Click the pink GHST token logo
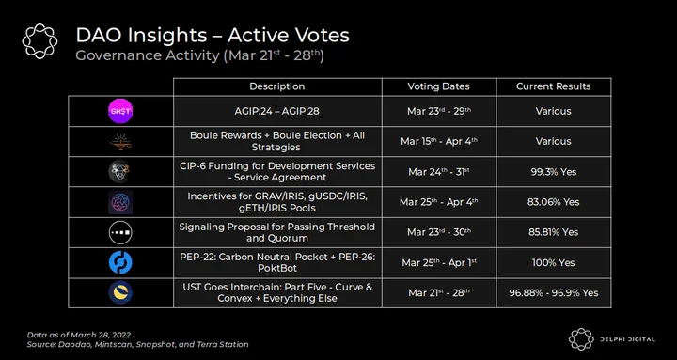pyautogui.click(x=120, y=111)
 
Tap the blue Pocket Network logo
pyautogui.click(x=120, y=262)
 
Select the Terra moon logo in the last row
pyautogui.click(x=120, y=292)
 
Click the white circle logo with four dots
pyautogui.click(x=120, y=232)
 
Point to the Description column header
pyautogui.click(x=277, y=86)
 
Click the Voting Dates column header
pyautogui.click(x=439, y=86)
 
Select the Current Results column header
pyautogui.click(x=554, y=86)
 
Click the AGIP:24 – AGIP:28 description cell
pyautogui.click(x=277, y=111)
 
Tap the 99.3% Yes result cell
pyautogui.click(x=554, y=172)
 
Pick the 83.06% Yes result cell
pyautogui.click(x=554, y=202)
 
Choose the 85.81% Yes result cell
pyautogui.click(x=554, y=232)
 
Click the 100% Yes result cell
pyautogui.click(x=554, y=262)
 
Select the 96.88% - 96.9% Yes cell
pyautogui.click(x=554, y=292)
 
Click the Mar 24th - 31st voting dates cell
pyautogui.click(x=439, y=172)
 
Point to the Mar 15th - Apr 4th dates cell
pyautogui.click(x=439, y=142)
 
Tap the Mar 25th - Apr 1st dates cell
pyautogui.click(x=439, y=262)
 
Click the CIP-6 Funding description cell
pyautogui.click(x=277, y=172)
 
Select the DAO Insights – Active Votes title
pyautogui.click(x=213, y=36)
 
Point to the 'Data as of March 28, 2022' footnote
pyautogui.click(x=79, y=335)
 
